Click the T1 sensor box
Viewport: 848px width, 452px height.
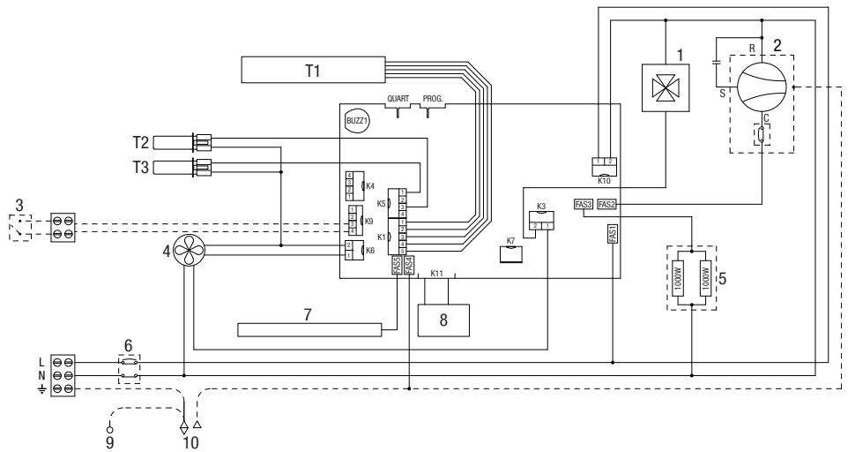tap(312, 68)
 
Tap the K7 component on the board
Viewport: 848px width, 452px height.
tap(511, 254)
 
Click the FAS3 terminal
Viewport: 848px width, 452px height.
tap(583, 204)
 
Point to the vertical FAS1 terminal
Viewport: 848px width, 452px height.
tap(613, 235)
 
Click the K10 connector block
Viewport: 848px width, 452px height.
tap(604, 164)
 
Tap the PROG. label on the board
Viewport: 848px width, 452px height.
tap(433, 100)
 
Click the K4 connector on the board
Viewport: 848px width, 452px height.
tap(350, 186)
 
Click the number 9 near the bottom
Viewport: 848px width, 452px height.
tap(110, 443)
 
